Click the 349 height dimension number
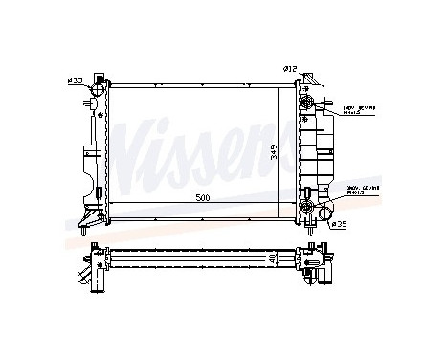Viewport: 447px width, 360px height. click(274, 151)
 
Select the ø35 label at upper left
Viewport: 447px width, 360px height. click(76, 79)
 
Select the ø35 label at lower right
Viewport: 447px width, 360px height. click(339, 226)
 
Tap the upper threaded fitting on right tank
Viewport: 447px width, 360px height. click(308, 103)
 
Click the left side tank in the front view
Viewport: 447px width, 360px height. click(95, 148)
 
